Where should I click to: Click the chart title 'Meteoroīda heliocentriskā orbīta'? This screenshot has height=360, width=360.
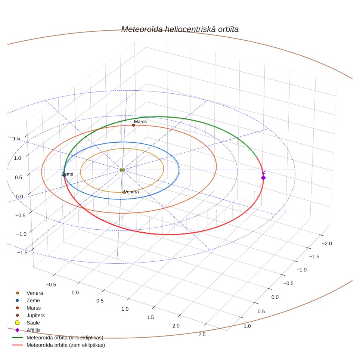[180, 30]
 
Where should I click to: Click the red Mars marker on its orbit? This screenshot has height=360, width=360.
[133, 125]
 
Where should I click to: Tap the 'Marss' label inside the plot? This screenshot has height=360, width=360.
[140, 122]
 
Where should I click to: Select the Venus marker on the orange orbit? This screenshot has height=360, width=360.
[124, 192]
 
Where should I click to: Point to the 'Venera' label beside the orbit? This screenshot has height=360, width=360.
[131, 192]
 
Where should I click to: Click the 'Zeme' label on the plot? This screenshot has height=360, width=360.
[67, 174]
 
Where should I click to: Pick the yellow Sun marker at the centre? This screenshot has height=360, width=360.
[122, 170]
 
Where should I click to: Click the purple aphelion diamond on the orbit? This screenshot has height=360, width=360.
[263, 178]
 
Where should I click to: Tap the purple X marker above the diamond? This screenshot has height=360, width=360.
[264, 173]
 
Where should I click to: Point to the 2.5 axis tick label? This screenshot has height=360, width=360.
[202, 334]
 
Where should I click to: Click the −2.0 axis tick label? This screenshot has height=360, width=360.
[327, 243]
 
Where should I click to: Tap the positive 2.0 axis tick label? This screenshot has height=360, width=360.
[176, 326]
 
